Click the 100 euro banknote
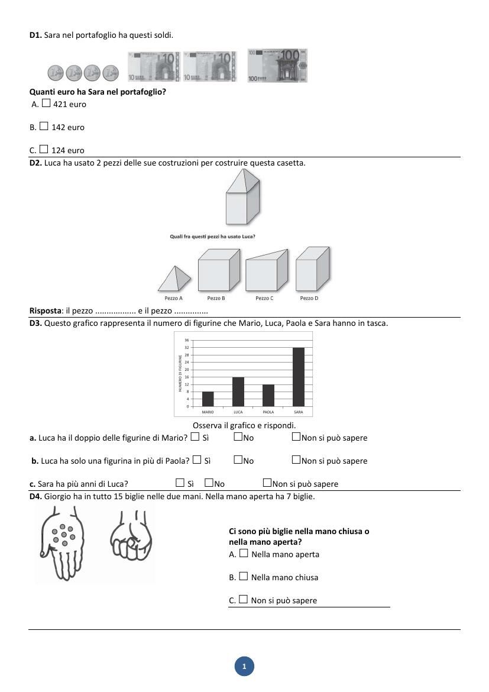coord(277,66)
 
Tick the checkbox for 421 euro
coord(46,104)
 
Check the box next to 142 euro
coord(44,126)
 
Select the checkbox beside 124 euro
coord(44,149)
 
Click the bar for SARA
coord(299,377)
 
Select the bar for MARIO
coord(208,399)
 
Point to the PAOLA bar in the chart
coord(268,395)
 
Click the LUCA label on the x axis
coord(238,412)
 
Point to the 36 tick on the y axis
coord(186,340)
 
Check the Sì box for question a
coord(195,437)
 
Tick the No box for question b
coord(238,460)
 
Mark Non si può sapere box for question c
coord(267,483)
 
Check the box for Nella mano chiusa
coord(244,576)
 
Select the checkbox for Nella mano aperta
coord(244,553)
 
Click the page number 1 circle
coord(244,666)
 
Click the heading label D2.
coord(35,163)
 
